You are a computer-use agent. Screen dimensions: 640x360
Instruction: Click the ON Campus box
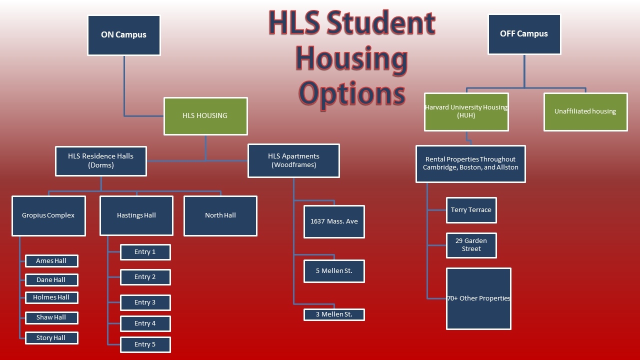(123, 35)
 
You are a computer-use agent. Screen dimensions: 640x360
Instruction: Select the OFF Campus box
(524, 34)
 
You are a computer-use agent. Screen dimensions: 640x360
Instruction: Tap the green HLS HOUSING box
(205, 116)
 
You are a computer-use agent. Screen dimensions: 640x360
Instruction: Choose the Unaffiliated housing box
(585, 112)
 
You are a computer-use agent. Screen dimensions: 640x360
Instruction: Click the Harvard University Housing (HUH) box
(466, 112)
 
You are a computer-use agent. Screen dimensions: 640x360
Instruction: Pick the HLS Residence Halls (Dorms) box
(101, 161)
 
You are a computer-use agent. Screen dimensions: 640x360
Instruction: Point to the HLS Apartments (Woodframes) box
(293, 161)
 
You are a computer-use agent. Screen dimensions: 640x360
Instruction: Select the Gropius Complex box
(48, 215)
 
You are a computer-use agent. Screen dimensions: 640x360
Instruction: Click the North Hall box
(220, 215)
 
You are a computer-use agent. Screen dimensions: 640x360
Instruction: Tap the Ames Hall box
(51, 261)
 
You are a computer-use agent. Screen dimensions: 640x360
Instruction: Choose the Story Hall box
(51, 338)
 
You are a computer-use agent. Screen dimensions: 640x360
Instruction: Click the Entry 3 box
(145, 302)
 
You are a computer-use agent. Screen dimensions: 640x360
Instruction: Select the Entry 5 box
(145, 344)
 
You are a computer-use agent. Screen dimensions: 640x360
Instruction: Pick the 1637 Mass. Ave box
(334, 221)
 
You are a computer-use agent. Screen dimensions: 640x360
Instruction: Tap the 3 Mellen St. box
(334, 314)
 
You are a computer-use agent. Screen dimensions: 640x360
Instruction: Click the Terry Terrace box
(471, 210)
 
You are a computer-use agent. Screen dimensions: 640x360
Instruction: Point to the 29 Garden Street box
(471, 245)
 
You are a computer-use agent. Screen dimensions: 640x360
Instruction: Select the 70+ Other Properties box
(478, 299)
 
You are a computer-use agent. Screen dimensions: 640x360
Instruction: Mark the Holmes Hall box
(51, 297)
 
